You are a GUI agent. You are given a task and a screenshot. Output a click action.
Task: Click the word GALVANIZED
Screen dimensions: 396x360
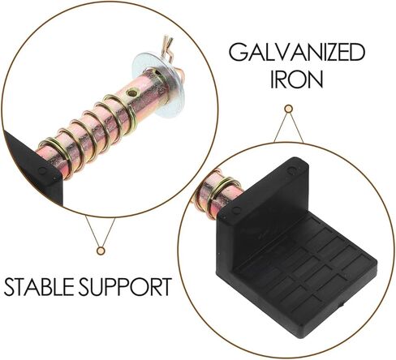297,52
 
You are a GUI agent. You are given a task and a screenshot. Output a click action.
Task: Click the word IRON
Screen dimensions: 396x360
297,79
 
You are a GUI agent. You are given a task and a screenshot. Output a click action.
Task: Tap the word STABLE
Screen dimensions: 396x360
39,287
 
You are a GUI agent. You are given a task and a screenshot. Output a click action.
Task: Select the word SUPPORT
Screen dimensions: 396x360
125,287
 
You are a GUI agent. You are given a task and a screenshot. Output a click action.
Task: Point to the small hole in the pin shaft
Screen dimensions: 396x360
132,93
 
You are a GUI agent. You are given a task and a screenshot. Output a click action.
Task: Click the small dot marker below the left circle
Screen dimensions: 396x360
101,251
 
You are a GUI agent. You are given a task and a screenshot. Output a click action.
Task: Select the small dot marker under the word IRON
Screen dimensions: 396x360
289,109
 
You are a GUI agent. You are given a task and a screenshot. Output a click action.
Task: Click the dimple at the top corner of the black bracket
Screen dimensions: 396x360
291,170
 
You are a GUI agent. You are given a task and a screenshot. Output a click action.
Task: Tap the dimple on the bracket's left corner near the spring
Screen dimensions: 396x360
236,210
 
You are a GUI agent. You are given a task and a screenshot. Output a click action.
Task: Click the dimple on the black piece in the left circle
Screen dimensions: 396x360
42,170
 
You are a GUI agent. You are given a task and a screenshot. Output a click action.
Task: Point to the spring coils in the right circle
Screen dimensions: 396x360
217,193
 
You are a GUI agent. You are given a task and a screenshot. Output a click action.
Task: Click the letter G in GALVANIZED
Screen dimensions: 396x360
238,53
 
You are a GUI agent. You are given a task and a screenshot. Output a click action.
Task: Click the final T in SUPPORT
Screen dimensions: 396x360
165,287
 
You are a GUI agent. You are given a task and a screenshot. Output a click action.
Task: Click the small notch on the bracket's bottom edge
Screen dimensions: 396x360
342,305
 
